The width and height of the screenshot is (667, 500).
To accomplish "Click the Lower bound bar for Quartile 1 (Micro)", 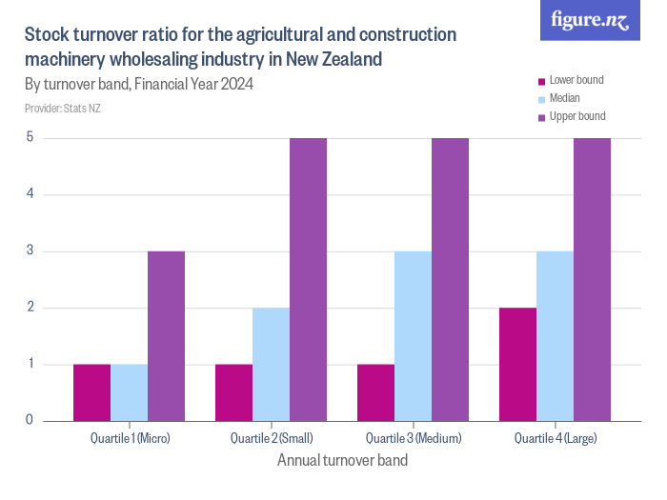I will (x=91, y=392).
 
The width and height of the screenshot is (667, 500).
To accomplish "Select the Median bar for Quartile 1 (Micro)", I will (x=129, y=392).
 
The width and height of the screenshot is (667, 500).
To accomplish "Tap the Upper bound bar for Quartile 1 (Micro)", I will (x=166, y=336).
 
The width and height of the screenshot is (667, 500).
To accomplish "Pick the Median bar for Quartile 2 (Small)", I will (x=271, y=364).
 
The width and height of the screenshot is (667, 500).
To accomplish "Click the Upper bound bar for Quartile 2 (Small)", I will (x=308, y=279).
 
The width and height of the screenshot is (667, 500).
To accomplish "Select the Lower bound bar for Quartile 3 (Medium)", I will (x=375, y=392).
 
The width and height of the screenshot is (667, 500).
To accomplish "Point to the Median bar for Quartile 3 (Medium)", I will (x=413, y=336).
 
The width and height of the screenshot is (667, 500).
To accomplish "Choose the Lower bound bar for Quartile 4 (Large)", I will (x=517, y=364).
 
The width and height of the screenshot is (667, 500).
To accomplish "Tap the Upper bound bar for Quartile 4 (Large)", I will (x=592, y=279).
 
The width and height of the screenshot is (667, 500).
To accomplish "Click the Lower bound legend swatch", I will (x=542, y=81).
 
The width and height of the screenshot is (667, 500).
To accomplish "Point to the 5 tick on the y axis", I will (x=30, y=138).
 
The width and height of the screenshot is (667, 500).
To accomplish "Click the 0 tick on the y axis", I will (x=30, y=420).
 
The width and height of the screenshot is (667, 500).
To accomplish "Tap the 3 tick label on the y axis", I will (x=30, y=251).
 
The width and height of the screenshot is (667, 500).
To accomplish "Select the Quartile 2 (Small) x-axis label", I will (x=272, y=439).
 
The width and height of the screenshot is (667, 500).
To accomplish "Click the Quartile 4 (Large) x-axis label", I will (x=556, y=439).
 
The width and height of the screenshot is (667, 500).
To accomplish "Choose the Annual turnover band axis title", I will (x=342, y=461).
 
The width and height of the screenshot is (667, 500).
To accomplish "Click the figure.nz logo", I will (x=590, y=21).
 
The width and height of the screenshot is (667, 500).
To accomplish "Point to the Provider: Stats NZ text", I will (x=62, y=109).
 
